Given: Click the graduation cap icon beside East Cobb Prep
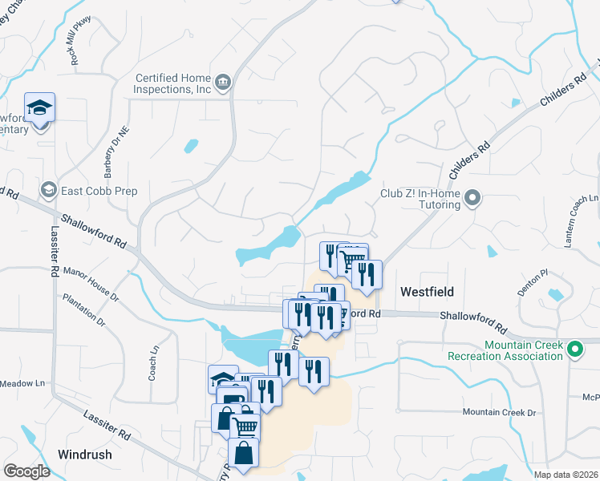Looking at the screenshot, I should (48, 190).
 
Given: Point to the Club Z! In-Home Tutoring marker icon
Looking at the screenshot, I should (472, 196).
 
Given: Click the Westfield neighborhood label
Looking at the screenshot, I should (427, 292).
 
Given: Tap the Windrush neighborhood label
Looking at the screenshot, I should (84, 455).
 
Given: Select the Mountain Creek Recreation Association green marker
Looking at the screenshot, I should (574, 349).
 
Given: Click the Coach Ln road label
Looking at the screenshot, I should (155, 362).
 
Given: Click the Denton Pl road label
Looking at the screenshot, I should (532, 283).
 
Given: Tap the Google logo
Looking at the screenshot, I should (26, 471).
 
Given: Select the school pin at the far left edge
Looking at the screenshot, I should (39, 108).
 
